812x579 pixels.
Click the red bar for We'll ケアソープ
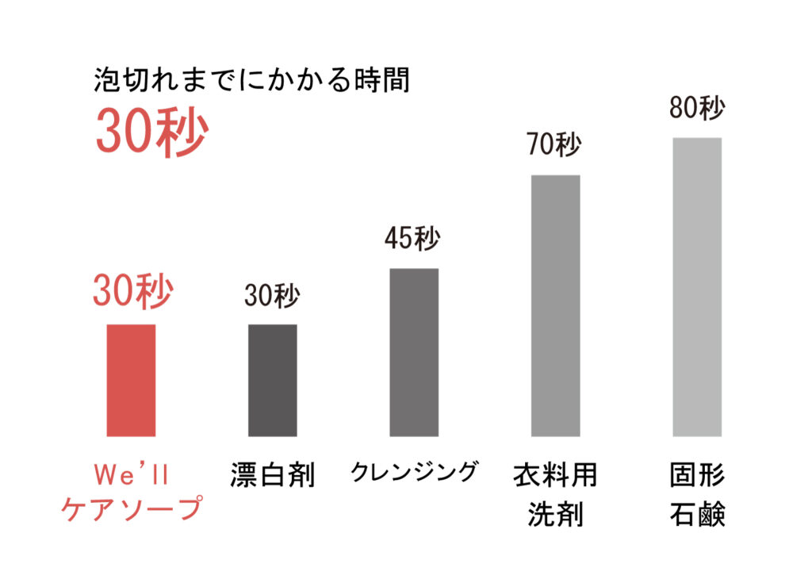point(131,380)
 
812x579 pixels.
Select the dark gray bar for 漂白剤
point(272,380)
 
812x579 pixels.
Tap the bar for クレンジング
point(413,352)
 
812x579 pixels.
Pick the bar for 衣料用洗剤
point(555,305)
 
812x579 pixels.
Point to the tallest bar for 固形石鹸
point(697,286)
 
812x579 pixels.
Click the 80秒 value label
point(697,108)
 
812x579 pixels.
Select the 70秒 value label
point(555,145)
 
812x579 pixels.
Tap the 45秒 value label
point(412,239)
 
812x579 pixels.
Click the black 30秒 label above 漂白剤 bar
point(272,296)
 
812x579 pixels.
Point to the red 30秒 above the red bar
point(132,291)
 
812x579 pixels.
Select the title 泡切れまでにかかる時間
point(251,81)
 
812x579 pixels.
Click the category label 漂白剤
point(273,476)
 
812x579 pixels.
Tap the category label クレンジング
point(415,472)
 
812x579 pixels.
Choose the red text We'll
point(132,474)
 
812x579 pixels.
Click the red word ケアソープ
point(132,509)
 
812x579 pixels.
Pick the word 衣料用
point(555,476)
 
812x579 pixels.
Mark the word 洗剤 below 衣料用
point(555,515)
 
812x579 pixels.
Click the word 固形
point(697,476)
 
